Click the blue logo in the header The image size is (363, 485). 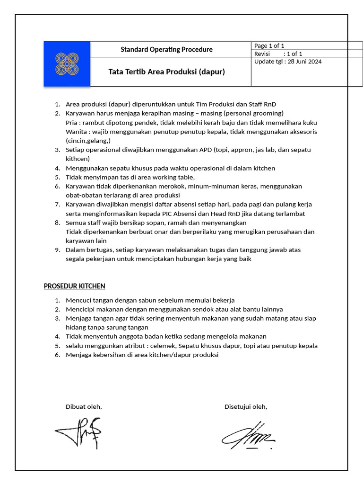(x=67, y=64)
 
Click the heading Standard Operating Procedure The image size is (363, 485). (x=166, y=49)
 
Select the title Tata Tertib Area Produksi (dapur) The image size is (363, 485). (x=166, y=72)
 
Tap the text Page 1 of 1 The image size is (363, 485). (x=269, y=46)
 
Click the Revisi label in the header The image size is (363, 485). (x=262, y=54)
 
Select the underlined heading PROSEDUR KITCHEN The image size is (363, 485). (x=74, y=286)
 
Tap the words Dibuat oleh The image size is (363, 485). (x=84, y=406)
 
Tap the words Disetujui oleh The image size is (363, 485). (x=246, y=406)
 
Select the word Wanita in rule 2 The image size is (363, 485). (x=76, y=131)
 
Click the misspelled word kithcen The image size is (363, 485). (x=78, y=159)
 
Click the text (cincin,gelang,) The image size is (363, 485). (x=88, y=141)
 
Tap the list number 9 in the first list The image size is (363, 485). (x=57, y=250)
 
